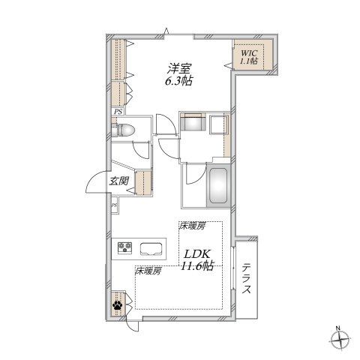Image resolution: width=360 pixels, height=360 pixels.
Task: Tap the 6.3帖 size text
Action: pos(178,81)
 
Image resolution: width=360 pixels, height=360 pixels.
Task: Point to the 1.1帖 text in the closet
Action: pos(249,61)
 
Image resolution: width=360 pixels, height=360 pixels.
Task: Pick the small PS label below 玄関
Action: pos(114,205)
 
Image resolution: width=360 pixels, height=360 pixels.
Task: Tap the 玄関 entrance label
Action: pos(118,181)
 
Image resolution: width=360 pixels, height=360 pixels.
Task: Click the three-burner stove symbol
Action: pos(124,248)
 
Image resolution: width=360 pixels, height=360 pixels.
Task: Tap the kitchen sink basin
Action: pos(151,249)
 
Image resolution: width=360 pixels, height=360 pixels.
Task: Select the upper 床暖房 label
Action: pos(191,226)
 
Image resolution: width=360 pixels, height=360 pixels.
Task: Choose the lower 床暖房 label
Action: pos(148,271)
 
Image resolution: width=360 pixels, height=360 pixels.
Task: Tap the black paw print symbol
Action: pos(118,304)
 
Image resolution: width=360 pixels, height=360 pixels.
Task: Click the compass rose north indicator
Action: pos(342,340)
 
